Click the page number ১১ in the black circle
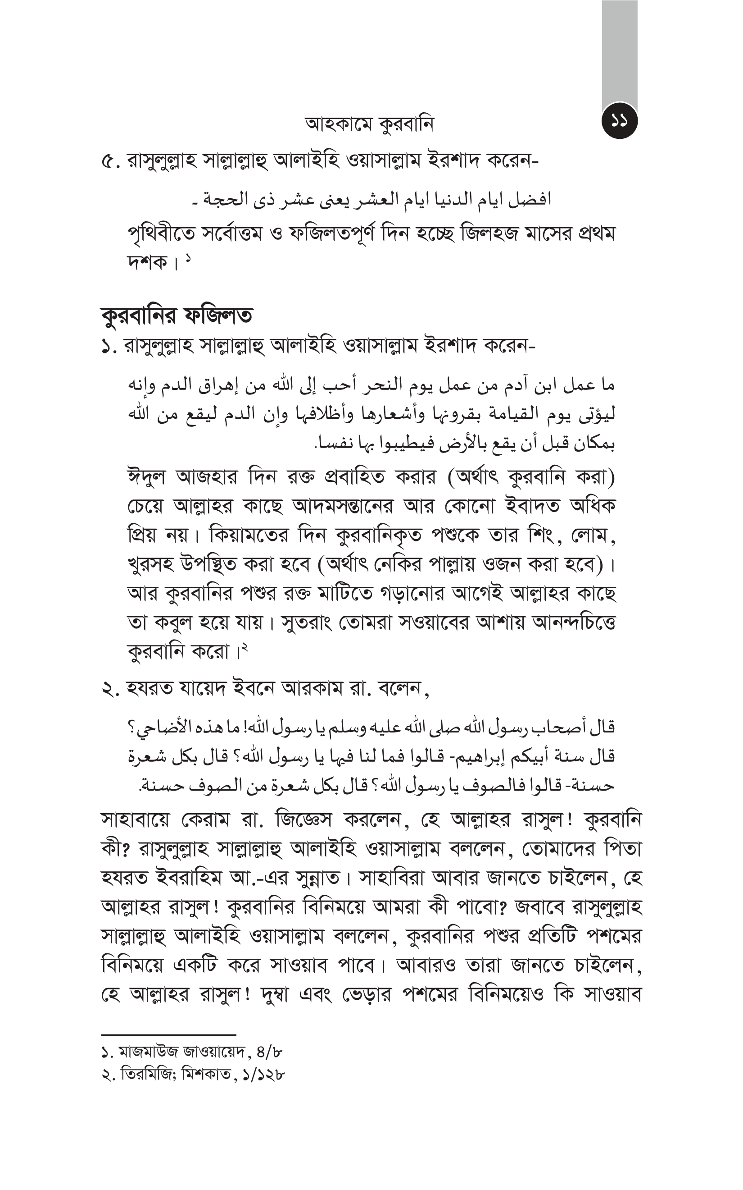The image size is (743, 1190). (619, 121)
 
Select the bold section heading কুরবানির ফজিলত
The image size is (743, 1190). (177, 316)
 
